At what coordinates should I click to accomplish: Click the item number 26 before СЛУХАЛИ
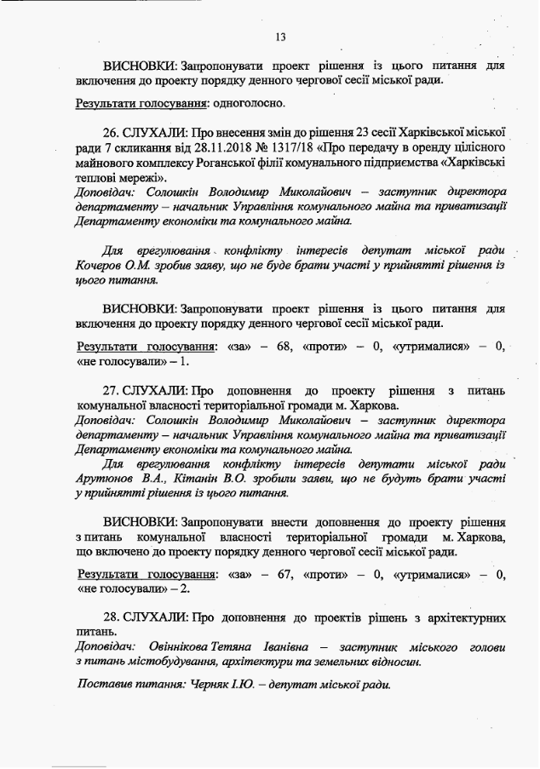[x=111, y=133]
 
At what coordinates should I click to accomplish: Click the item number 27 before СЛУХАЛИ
[x=111, y=390]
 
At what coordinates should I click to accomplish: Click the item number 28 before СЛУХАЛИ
[x=111, y=617]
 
